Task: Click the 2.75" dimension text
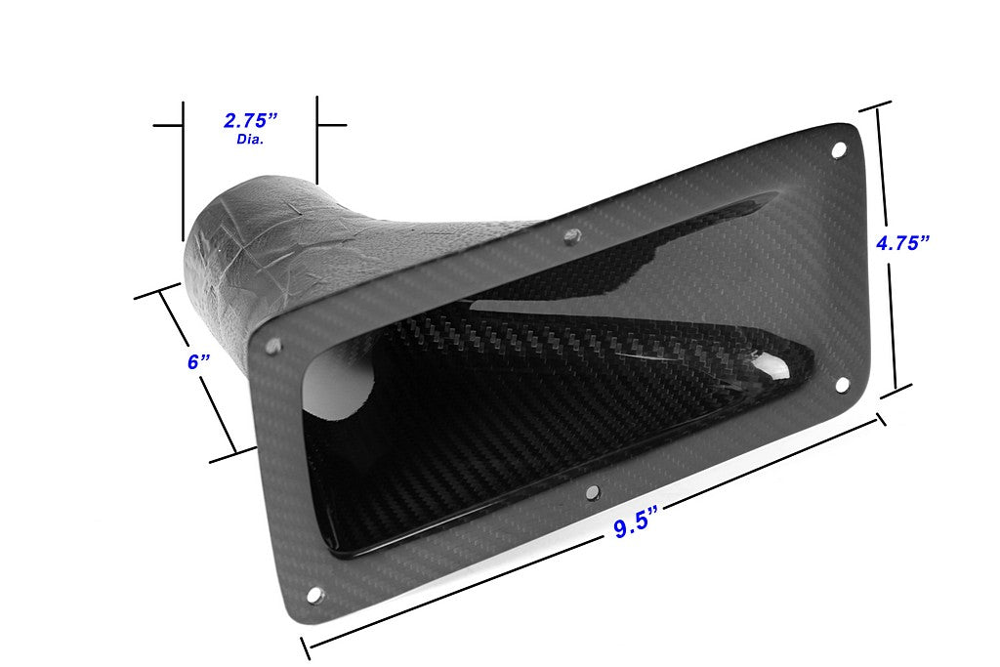251,120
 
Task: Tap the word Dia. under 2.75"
251,140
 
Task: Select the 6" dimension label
198,361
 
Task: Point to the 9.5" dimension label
633,527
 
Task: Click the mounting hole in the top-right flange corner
838,149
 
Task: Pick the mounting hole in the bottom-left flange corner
314,594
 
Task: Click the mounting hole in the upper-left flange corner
274,345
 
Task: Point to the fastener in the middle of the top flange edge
573,234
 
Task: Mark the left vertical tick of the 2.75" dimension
183,166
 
